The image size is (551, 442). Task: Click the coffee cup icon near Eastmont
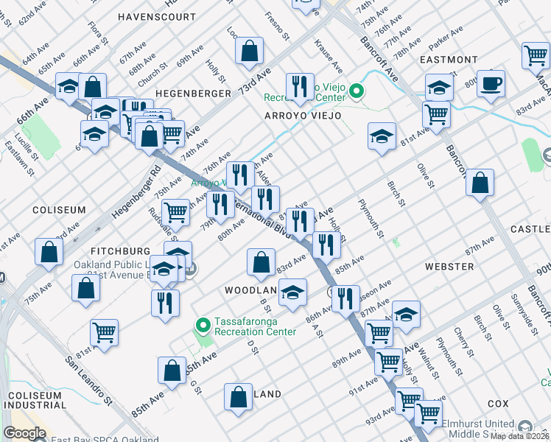click(491, 83)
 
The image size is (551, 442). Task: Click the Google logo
click(25, 433)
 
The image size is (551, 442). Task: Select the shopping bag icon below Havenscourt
click(250, 51)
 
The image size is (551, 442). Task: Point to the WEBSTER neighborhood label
click(449, 265)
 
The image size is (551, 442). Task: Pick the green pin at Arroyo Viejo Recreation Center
click(357, 91)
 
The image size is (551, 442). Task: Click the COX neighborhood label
click(498, 404)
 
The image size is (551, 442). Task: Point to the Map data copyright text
click(521, 435)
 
